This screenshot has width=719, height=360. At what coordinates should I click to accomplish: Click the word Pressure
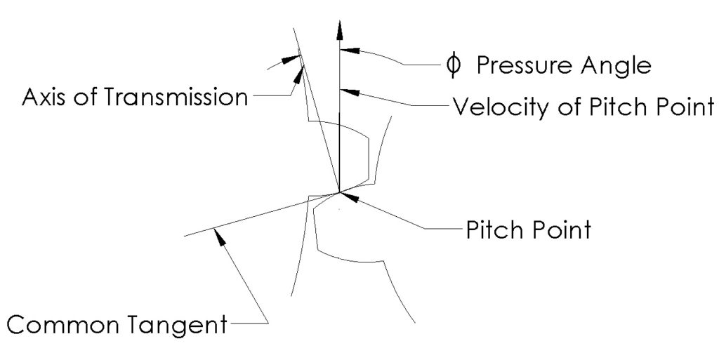pos(519,65)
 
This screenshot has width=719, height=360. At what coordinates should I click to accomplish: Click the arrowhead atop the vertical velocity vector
pos(340,29)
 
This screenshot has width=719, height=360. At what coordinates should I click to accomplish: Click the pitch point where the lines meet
pos(340,192)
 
